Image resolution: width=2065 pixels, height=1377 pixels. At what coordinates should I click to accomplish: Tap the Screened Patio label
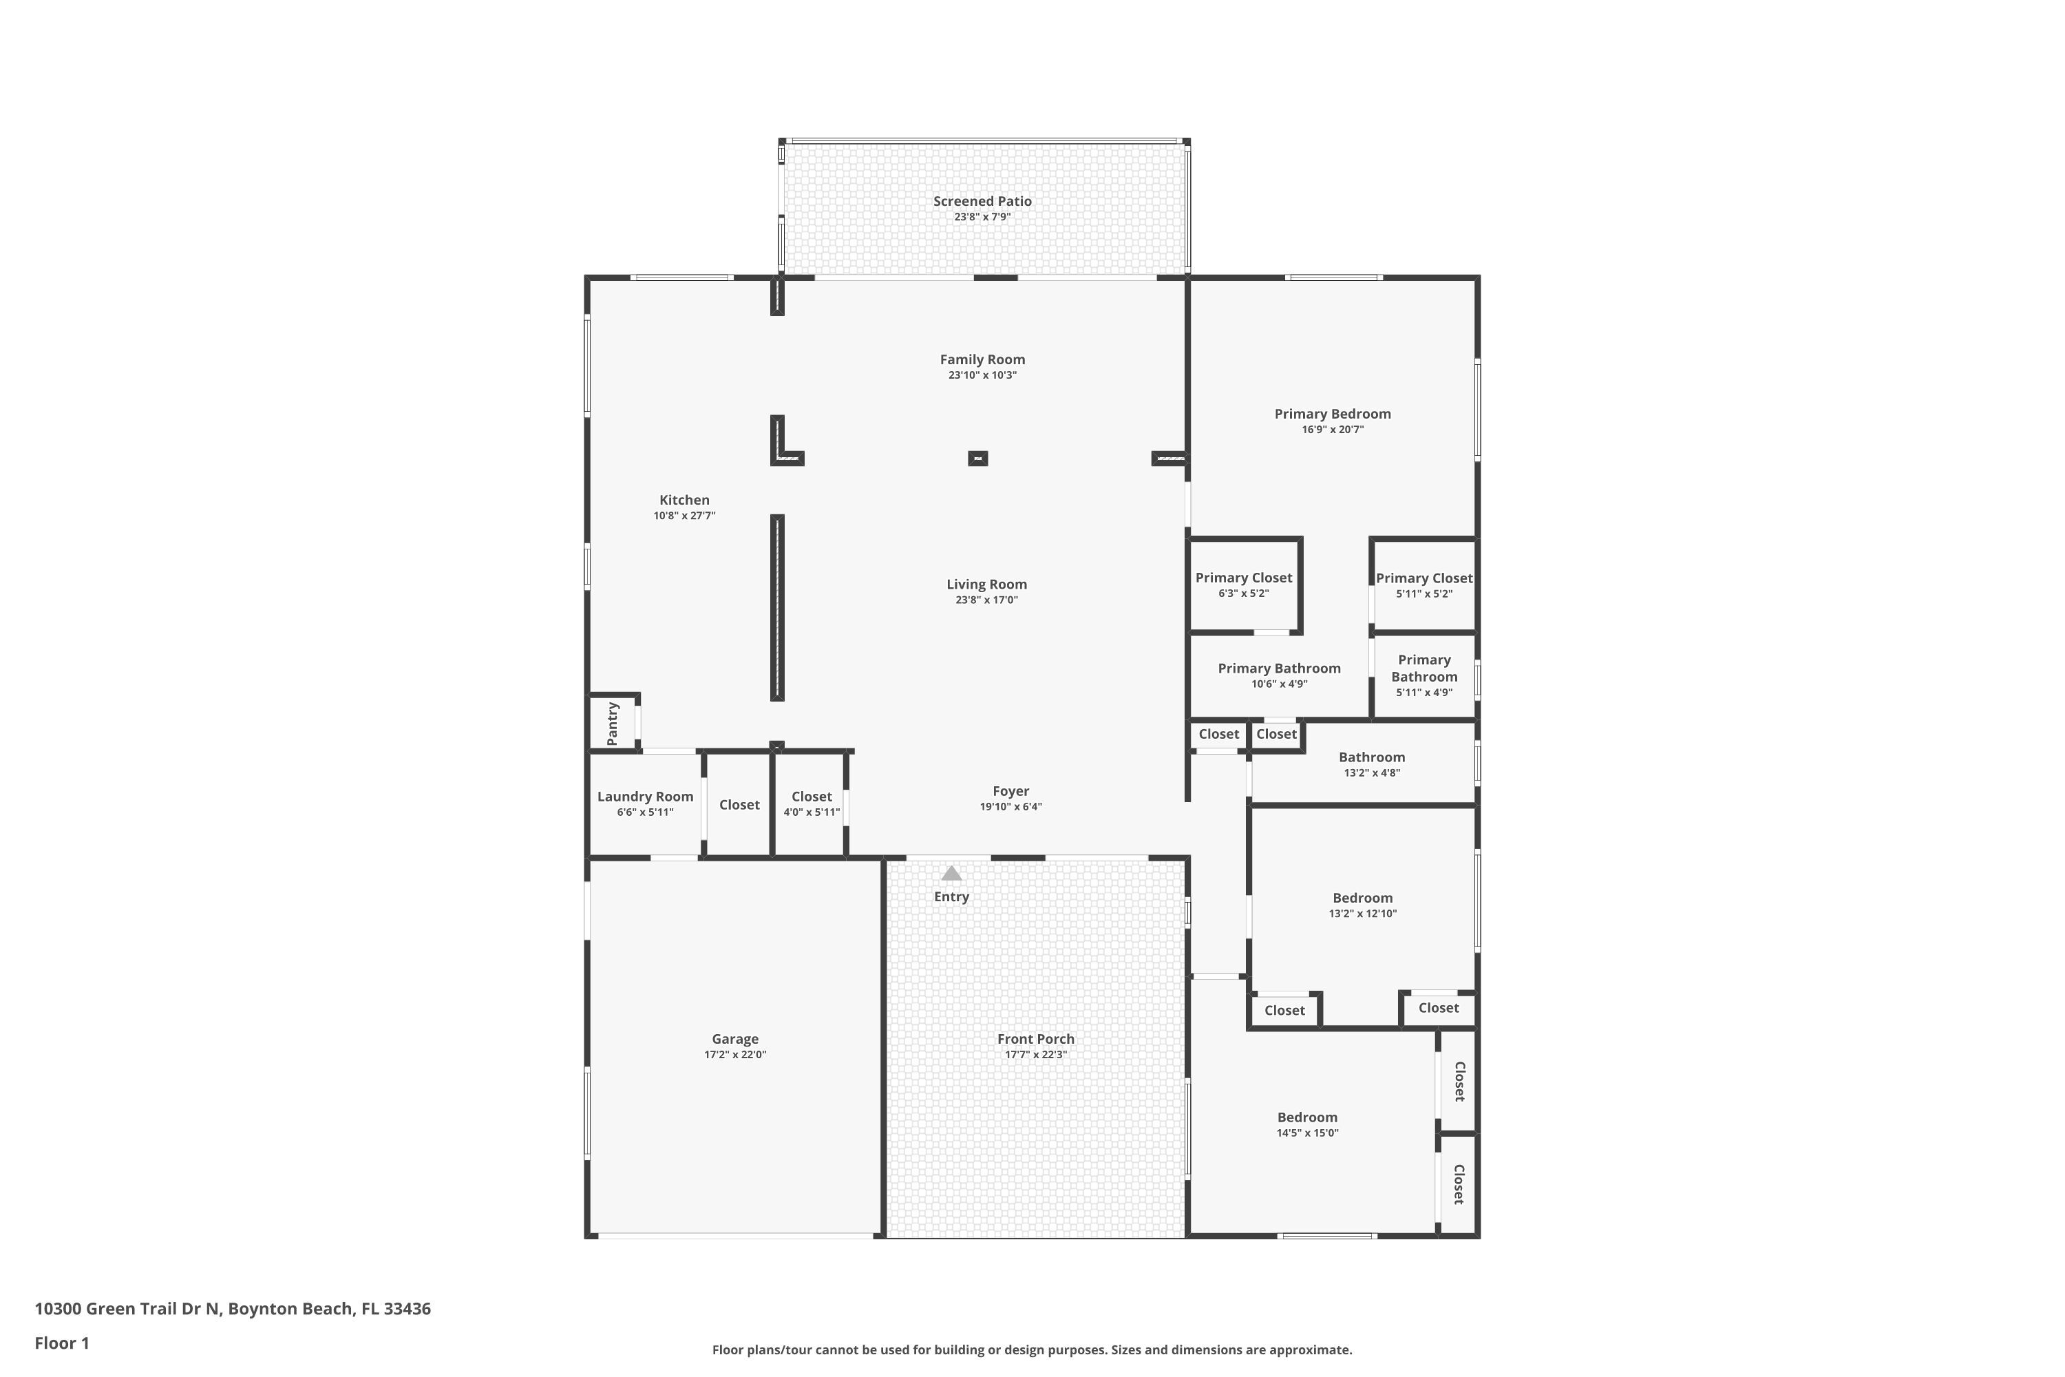click(982, 201)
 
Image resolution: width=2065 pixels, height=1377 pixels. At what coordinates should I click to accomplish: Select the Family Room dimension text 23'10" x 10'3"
click(982, 375)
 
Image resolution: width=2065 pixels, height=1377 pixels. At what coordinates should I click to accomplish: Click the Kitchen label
click(684, 500)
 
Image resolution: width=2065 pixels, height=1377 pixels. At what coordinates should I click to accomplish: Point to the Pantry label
click(613, 724)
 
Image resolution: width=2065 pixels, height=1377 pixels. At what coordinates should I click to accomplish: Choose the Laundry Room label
click(646, 797)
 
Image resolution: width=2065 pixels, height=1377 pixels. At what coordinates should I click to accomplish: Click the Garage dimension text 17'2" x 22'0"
click(735, 1055)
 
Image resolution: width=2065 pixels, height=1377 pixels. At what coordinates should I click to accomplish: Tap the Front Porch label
click(1036, 1039)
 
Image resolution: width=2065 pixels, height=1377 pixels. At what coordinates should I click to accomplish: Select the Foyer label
click(1010, 791)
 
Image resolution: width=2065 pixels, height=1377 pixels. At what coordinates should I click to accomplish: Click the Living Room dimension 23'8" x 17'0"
click(987, 600)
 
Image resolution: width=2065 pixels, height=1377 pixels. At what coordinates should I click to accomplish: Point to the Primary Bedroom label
click(1333, 414)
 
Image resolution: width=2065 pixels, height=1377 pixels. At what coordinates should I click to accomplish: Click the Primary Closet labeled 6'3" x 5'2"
click(1243, 578)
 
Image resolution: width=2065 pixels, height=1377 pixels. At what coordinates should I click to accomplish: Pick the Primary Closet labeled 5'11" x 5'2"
click(1424, 578)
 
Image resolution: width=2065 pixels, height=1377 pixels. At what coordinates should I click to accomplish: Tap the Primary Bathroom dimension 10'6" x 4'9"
click(1279, 684)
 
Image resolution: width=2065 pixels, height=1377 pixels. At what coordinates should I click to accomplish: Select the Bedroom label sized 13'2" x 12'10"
click(1363, 898)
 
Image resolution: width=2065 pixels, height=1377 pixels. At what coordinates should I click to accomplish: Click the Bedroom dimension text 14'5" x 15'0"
click(1307, 1133)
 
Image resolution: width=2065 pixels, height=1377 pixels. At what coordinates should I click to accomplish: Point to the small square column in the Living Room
click(977, 459)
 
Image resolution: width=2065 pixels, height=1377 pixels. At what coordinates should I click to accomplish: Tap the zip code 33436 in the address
click(407, 1309)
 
